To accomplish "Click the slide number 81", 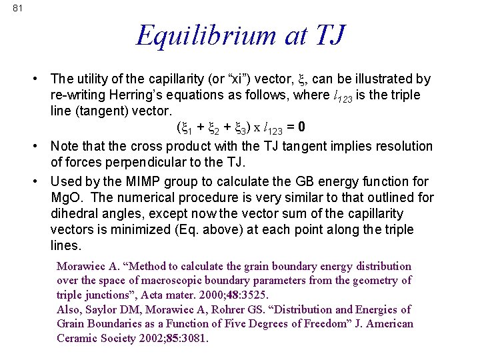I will (x=17, y=8).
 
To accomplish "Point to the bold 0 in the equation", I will (x=302, y=127).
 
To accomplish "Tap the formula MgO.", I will (x=67, y=197).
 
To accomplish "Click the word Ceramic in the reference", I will (x=79, y=338).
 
